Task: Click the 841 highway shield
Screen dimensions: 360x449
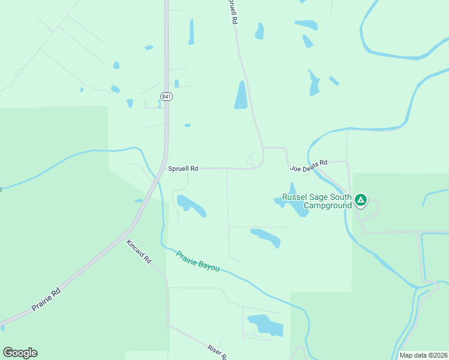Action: (x=166, y=96)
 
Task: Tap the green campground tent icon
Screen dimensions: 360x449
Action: (x=360, y=200)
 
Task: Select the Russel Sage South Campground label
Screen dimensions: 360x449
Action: (x=316, y=201)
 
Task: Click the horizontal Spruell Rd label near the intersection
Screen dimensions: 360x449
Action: (x=183, y=169)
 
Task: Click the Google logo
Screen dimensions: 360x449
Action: (x=20, y=353)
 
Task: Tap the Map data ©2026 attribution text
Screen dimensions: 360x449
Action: (x=423, y=355)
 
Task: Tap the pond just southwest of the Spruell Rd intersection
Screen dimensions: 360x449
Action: (x=190, y=205)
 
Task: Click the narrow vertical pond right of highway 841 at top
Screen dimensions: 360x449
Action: (x=191, y=31)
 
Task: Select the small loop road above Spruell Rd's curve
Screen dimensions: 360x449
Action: (x=251, y=159)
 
